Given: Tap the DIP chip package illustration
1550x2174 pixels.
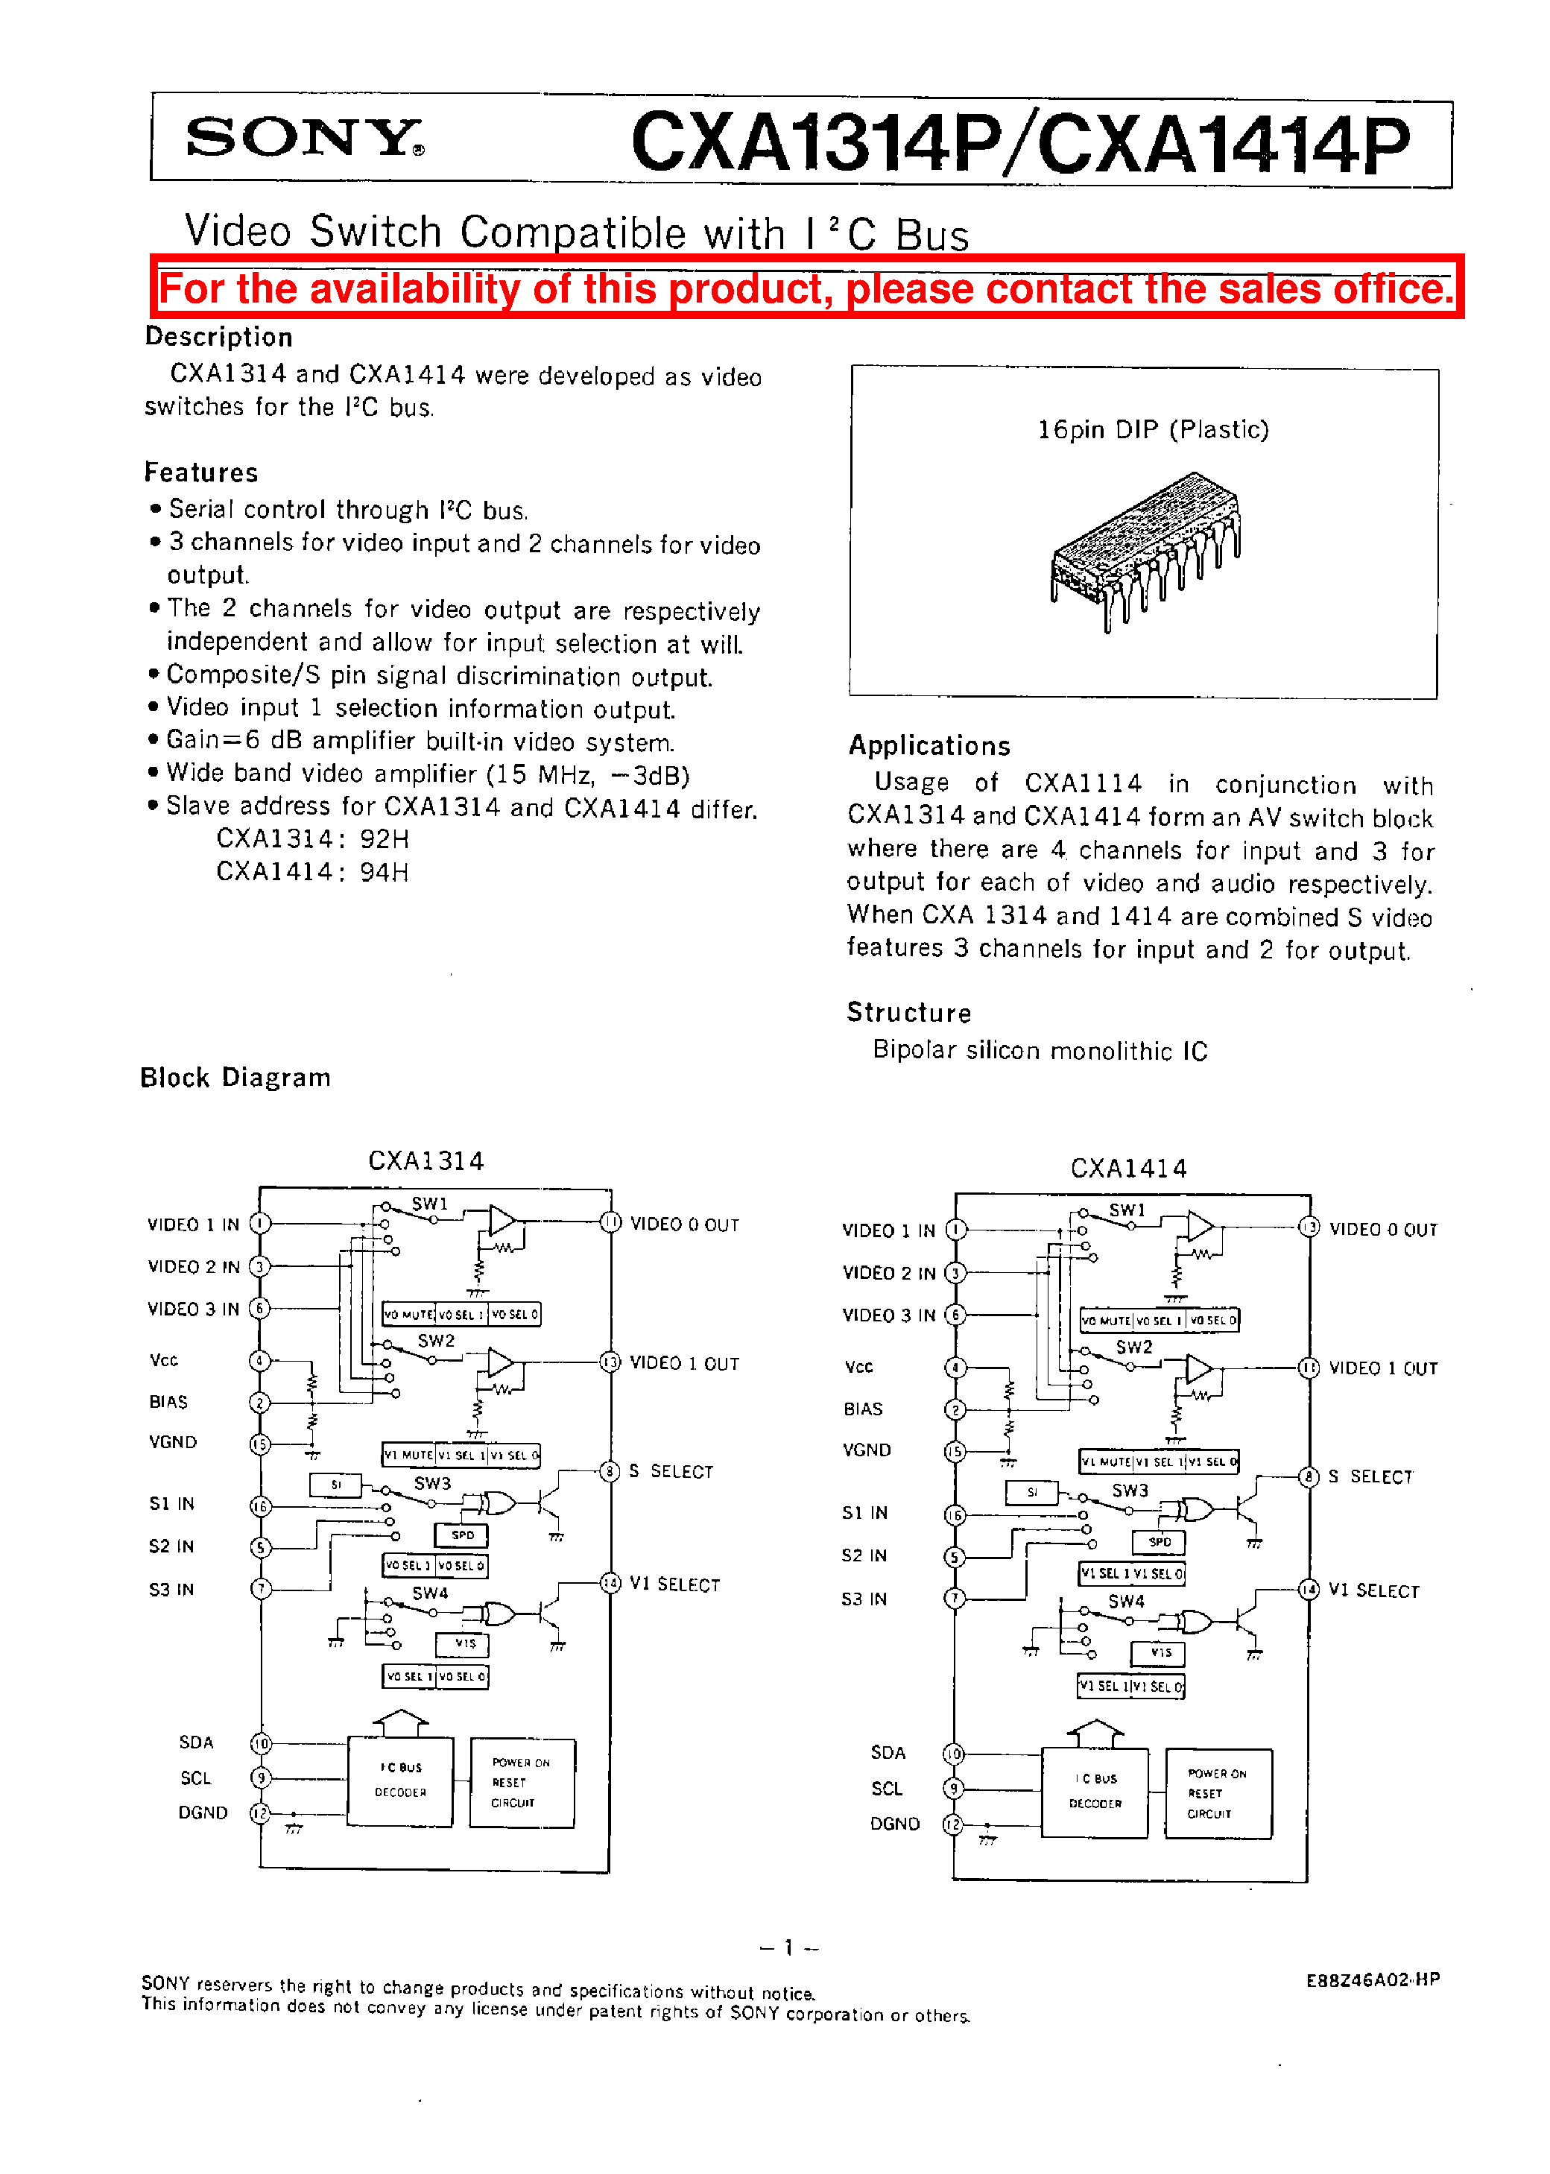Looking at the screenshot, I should click(1145, 550).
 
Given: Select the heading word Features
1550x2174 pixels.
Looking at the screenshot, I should click(201, 473).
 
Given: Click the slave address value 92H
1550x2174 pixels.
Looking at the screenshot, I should click(385, 839).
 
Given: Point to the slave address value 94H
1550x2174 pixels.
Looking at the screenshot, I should click(385, 871).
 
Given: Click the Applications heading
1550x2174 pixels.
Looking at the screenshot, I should click(929, 745).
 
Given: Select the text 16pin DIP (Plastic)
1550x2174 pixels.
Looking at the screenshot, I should click(1153, 429).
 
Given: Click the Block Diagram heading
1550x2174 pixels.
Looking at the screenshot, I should click(235, 1078).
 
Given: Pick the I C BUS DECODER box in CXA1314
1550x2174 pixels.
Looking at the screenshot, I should click(400, 1780).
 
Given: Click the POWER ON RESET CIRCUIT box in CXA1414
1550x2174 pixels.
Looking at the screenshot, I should click(1218, 1793).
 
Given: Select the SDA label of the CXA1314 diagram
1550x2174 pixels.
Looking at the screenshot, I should click(197, 1742).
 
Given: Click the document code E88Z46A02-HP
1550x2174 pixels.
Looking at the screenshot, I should click(1371, 1980).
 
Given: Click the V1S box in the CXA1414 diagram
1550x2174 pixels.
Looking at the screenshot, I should click(1159, 1652).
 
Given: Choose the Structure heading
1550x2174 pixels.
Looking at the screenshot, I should click(908, 1013).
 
